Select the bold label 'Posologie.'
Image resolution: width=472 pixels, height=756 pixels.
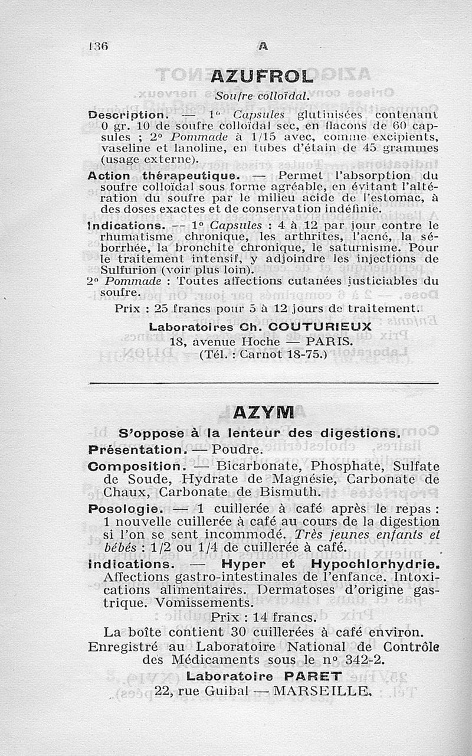tap(123, 508)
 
